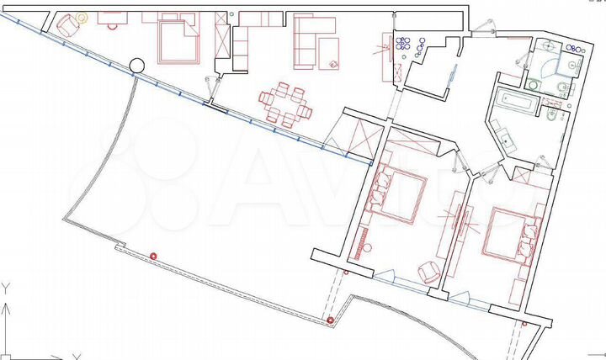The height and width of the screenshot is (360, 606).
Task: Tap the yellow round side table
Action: coord(82,17)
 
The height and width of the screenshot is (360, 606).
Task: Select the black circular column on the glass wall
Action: coord(137,64)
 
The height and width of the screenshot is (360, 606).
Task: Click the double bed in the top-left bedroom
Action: coord(177,42)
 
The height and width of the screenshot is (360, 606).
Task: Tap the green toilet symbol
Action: coord(534,83)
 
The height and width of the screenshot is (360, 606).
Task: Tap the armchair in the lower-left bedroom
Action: coord(429,271)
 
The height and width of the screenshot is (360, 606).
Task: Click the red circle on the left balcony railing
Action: coord(153,256)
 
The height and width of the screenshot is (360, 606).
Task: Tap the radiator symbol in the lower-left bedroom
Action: coord(362,247)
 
